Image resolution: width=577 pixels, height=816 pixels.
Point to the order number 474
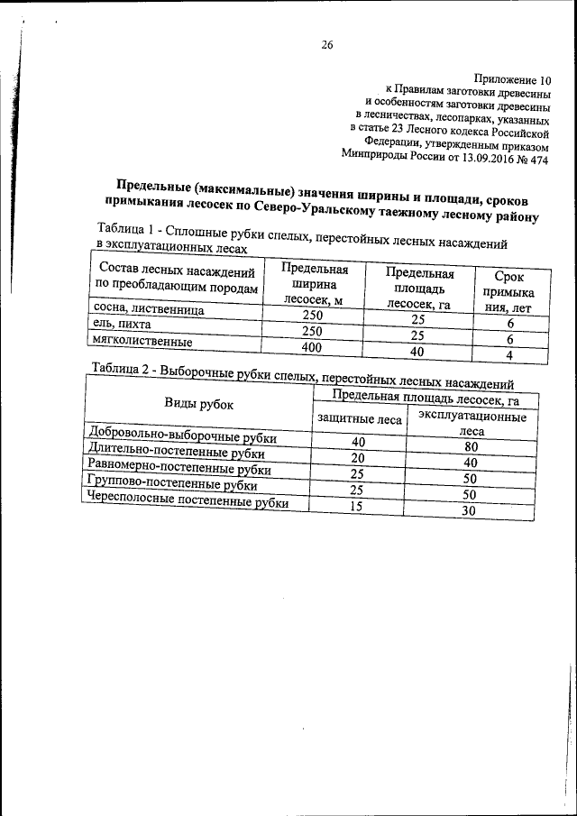[x=538, y=161]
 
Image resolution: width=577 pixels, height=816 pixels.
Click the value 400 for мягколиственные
[x=312, y=346]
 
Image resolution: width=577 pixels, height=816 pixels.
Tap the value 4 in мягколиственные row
[x=509, y=355]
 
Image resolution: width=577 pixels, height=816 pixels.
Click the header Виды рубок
[x=197, y=403]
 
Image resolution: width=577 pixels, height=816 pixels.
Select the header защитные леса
[x=359, y=418]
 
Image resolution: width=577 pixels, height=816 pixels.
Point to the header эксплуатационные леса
[x=472, y=425]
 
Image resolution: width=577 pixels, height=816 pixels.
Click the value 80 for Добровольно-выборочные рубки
[x=470, y=446]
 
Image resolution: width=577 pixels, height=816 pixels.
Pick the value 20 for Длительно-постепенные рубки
[x=357, y=458]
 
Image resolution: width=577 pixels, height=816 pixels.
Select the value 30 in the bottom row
[x=468, y=510]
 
